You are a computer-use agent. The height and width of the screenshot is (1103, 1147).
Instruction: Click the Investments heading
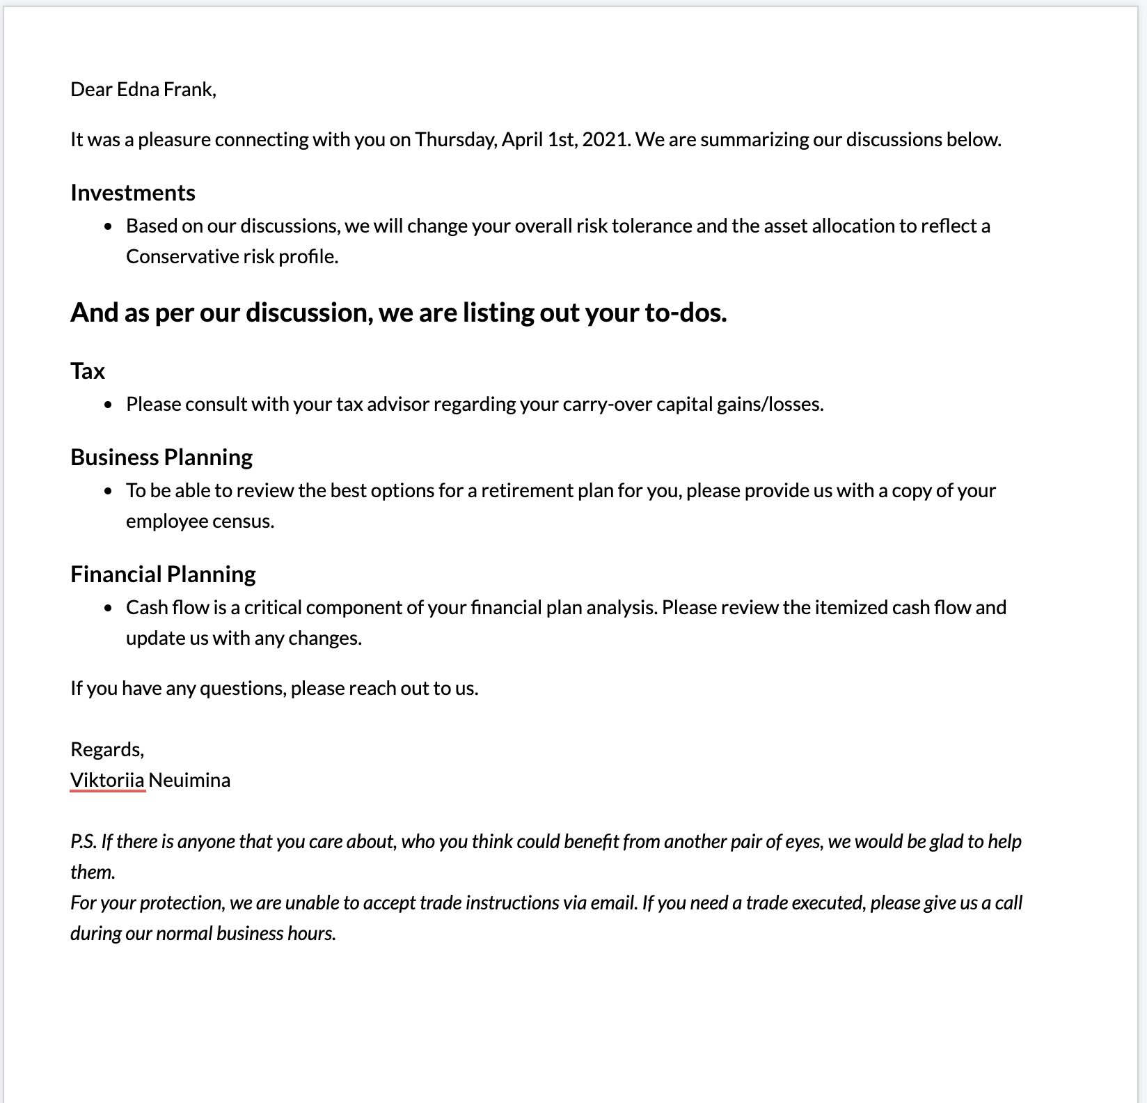(x=133, y=192)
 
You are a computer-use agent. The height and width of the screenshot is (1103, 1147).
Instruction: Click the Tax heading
(x=88, y=370)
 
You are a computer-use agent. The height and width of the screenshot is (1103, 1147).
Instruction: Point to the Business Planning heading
(x=161, y=457)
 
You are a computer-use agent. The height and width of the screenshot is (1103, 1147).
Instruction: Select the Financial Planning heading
(x=163, y=574)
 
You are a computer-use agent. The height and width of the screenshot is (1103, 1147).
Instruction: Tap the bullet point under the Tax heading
(x=108, y=405)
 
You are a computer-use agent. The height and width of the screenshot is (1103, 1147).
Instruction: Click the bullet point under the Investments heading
(x=108, y=226)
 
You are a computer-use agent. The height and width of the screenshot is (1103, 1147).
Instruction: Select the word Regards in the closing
(x=106, y=749)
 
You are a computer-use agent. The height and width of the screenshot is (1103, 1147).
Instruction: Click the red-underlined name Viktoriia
(x=107, y=780)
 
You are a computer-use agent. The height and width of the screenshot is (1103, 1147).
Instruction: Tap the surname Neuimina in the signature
(x=189, y=780)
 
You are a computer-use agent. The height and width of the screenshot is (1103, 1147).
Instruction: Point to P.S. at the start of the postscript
(x=83, y=841)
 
